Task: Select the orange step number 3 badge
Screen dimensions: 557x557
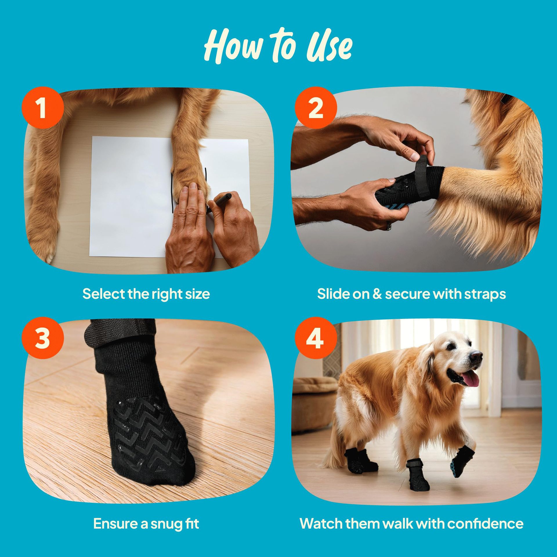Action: click(43, 338)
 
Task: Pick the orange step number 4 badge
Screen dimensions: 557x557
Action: click(316, 338)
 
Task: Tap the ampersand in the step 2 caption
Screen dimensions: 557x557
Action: click(377, 294)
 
